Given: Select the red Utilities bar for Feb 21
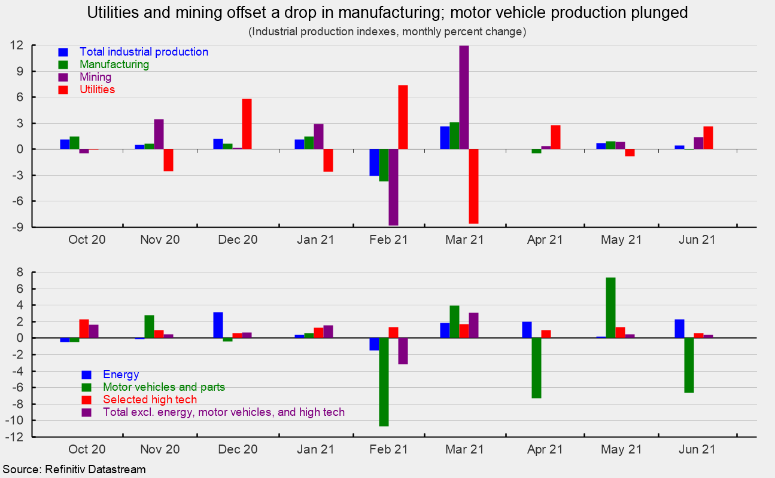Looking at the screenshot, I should (403, 117).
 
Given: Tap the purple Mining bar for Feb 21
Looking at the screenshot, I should (393, 187).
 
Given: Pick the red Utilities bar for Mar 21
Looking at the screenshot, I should (473, 186).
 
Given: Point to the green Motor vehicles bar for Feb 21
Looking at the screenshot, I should (384, 382).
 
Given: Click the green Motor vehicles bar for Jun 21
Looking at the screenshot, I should (689, 365).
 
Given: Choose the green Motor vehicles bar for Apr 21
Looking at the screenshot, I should (536, 367).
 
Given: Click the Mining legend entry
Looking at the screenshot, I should (95, 77).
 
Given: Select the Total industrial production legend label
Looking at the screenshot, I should (144, 52).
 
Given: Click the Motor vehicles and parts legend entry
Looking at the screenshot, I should (163, 387).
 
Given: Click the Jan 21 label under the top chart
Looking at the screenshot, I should (315, 240).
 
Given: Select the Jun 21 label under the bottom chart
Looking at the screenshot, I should (696, 449).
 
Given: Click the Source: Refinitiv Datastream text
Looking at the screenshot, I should (73, 470).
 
